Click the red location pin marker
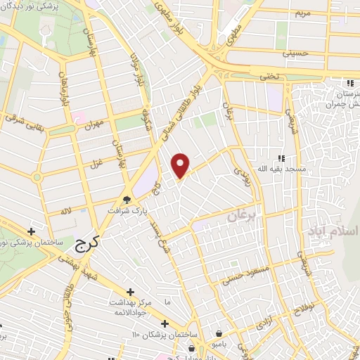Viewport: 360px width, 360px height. (181, 165)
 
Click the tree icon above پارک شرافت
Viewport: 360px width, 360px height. (127, 199)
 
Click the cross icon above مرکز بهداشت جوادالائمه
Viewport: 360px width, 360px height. (130, 292)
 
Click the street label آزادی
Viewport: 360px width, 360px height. (264, 320)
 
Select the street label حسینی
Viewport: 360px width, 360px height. (295, 53)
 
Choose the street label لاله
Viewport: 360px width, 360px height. (65, 210)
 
